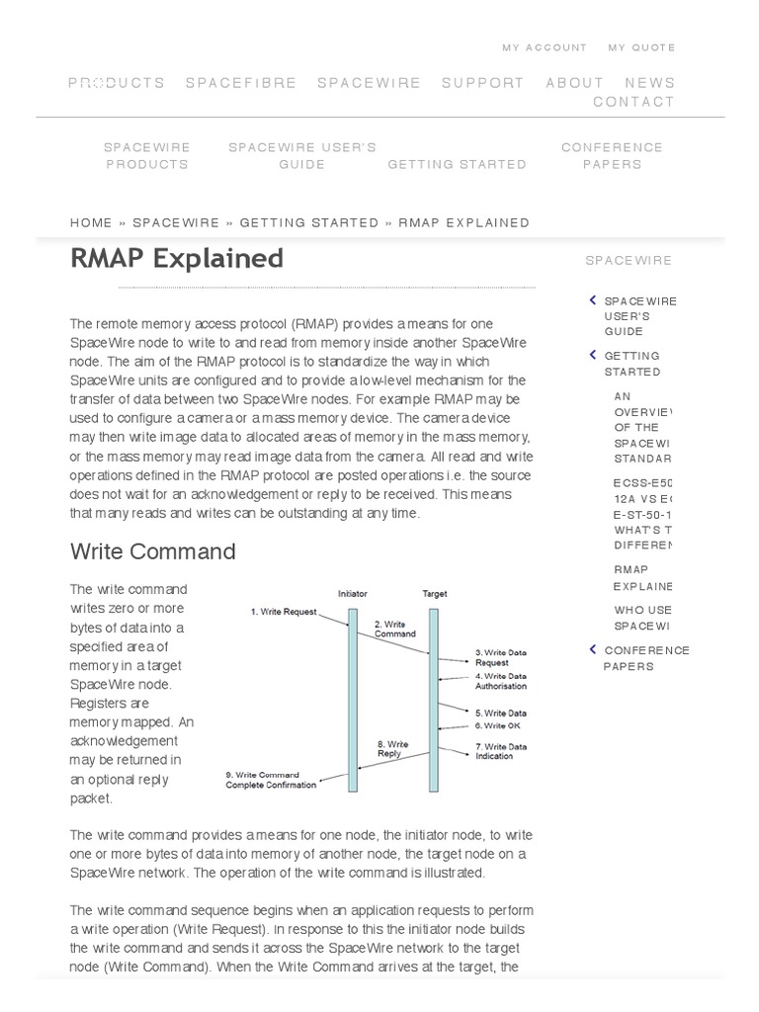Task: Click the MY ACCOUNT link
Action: [544, 47]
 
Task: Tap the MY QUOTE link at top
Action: [641, 47]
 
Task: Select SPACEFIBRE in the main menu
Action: [241, 83]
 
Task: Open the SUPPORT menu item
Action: [482, 83]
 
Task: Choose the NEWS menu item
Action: [649, 83]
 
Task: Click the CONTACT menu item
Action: [633, 102]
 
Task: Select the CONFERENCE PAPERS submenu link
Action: [612, 156]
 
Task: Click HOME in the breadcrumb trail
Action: [91, 223]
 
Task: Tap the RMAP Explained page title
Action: [177, 258]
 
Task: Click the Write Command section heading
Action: [153, 551]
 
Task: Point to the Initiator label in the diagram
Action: [353, 594]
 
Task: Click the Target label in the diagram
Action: [435, 594]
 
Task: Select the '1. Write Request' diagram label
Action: [284, 612]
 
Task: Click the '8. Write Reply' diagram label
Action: [393, 749]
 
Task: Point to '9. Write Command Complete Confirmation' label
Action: [272, 780]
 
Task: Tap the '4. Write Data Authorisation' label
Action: [500, 681]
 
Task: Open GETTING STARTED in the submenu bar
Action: [457, 165]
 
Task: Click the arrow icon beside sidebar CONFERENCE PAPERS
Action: [592, 649]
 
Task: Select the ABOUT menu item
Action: [574, 83]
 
